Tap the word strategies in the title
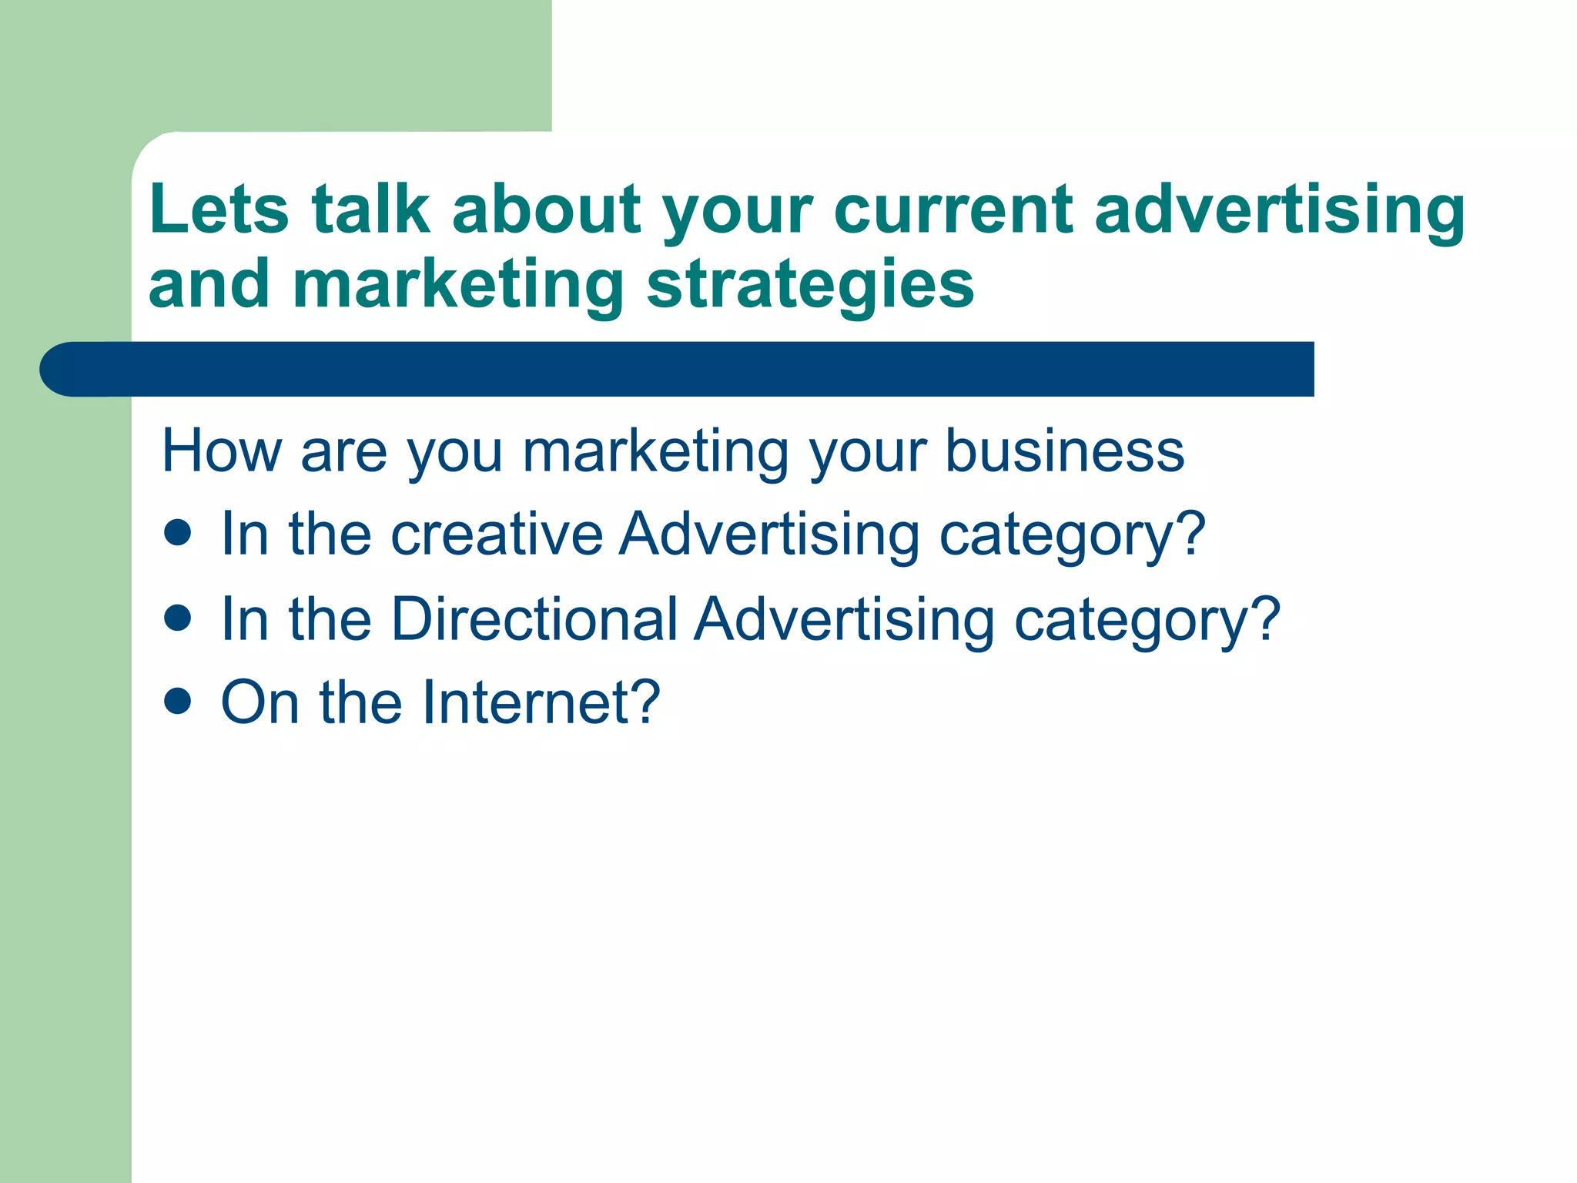point(810,284)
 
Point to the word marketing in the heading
point(458,284)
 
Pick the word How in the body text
point(222,451)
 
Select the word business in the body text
point(1064,451)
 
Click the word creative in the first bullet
point(497,534)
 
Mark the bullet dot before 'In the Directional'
point(178,618)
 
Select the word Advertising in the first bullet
point(769,534)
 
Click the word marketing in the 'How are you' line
point(655,452)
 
